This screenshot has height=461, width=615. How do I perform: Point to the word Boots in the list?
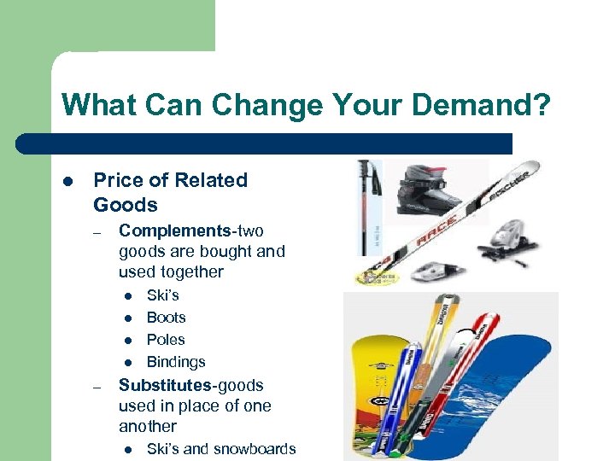click(167, 318)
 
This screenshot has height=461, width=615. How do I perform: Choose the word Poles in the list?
click(166, 340)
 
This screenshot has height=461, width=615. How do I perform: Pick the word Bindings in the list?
click(176, 362)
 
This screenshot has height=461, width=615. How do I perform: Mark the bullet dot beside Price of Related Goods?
click(67, 181)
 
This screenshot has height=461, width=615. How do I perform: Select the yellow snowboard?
click(377, 393)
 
